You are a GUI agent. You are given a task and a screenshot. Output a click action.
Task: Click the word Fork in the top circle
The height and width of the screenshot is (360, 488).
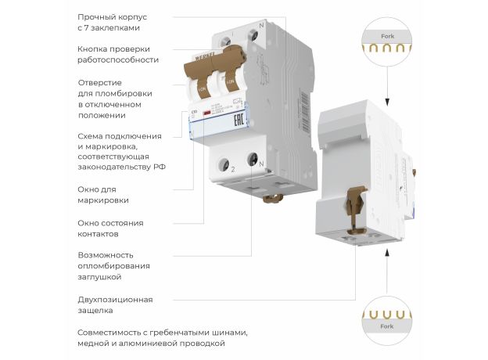[x=387, y=37]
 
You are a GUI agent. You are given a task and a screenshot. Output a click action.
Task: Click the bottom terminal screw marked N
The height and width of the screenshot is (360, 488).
[x=253, y=160]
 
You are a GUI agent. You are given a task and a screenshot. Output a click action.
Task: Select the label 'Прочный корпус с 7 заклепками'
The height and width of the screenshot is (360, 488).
[x=111, y=22]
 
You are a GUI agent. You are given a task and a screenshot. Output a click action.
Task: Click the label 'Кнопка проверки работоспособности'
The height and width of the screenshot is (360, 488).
[x=117, y=54]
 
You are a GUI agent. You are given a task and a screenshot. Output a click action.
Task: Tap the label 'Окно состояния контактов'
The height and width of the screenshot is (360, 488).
[x=110, y=228]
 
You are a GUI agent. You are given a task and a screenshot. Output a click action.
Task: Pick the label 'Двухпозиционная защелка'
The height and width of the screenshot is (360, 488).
[x=115, y=304]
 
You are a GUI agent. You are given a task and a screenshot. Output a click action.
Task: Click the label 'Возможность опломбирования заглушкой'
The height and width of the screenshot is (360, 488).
[x=113, y=266]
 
